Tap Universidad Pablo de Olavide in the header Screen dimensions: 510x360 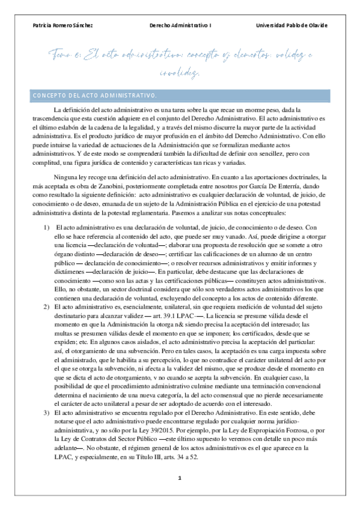[291, 26]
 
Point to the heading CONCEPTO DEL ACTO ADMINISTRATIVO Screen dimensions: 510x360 [94, 95]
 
